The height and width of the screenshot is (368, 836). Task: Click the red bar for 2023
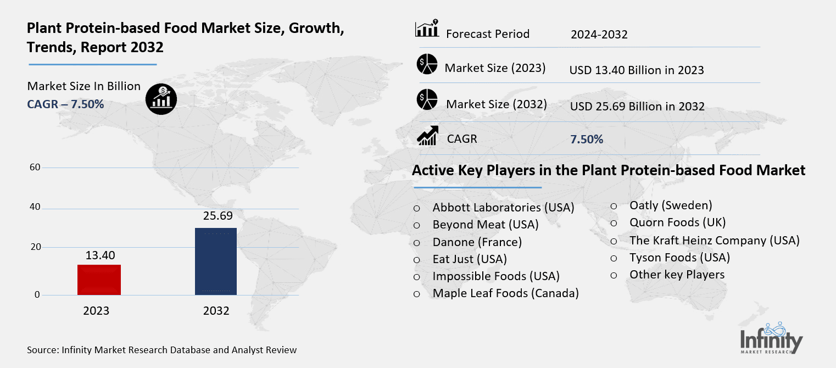99,280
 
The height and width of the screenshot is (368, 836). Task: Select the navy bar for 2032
216,261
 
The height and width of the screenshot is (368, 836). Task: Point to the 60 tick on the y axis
34,168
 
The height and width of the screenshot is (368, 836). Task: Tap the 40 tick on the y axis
34,207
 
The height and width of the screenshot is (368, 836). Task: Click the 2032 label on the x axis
216,311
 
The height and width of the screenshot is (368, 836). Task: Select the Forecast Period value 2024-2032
599,35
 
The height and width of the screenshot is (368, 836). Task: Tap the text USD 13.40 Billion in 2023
637,70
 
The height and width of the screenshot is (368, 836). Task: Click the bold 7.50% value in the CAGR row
587,140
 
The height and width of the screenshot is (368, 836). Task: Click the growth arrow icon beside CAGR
427,136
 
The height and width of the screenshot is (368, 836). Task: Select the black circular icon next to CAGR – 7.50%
161,98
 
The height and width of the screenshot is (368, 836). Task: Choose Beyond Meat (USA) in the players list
485,225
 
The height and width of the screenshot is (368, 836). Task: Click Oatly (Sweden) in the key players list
670,205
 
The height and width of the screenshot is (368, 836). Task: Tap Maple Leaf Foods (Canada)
505,293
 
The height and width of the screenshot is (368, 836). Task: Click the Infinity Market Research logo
771,338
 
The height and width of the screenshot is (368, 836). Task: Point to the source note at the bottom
161,350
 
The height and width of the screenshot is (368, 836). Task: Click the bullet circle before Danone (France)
417,242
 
